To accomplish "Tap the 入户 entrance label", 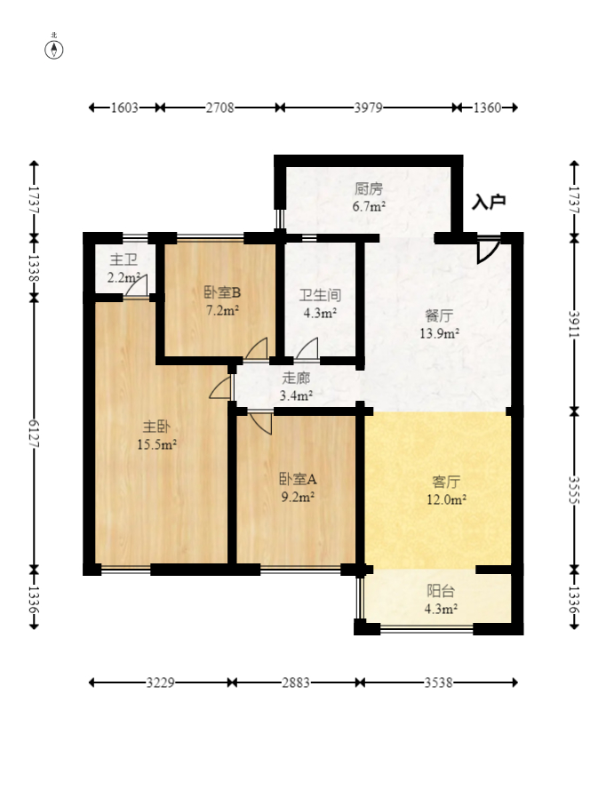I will (489, 202).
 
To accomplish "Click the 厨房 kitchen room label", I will (369, 188).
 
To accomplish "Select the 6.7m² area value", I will (369, 206).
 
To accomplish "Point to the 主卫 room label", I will (124, 260).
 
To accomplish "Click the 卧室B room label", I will (222, 292).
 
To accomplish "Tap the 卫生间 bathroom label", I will (320, 295).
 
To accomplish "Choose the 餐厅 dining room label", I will (439, 315).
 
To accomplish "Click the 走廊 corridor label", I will (296, 377).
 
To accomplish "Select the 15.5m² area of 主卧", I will (156, 443).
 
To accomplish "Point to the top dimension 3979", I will (368, 108).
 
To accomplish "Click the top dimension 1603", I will (124, 108).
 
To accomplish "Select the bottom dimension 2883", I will (296, 682).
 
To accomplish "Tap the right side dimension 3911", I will (573, 324).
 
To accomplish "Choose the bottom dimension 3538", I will (439, 682).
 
